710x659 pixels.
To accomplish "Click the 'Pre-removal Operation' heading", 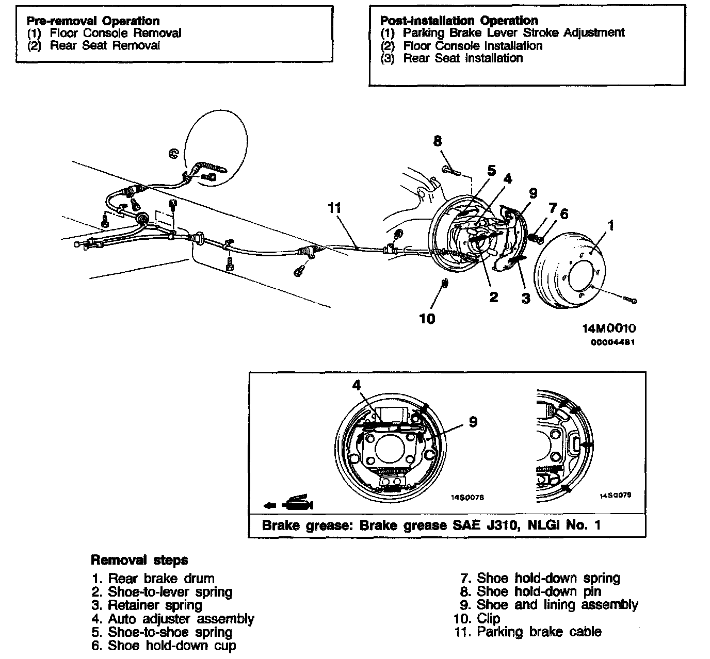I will (x=93, y=21).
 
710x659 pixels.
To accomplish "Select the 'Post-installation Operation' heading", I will (x=459, y=21).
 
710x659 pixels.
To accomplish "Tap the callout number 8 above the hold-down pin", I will (x=438, y=141).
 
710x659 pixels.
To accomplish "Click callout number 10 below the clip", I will (x=427, y=319).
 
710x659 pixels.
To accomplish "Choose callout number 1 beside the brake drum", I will (x=611, y=225).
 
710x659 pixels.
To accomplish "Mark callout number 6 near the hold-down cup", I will (x=564, y=213).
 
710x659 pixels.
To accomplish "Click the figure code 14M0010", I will (x=609, y=328).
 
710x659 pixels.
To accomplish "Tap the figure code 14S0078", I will (x=467, y=498).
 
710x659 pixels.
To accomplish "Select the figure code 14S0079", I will (x=615, y=495).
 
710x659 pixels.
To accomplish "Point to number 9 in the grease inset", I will (x=473, y=422).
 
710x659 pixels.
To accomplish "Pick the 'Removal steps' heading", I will (x=139, y=560).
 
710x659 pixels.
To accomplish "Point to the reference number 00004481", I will (x=612, y=342).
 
